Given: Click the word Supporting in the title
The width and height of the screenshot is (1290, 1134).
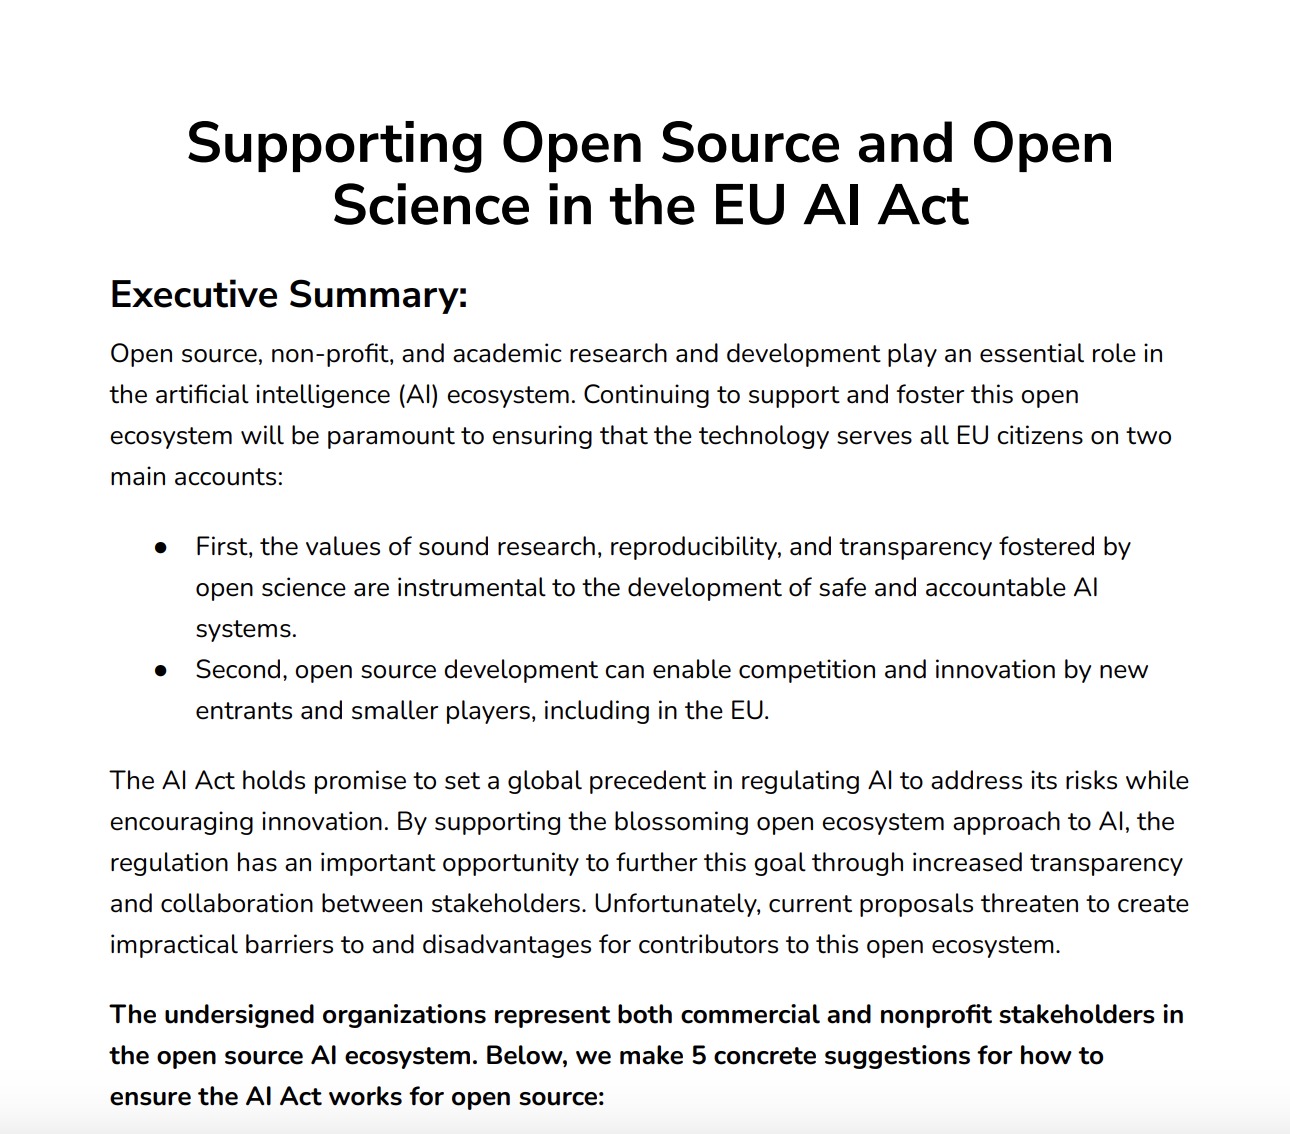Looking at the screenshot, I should click(335, 144).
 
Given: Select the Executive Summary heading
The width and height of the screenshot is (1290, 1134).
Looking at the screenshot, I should click(289, 295).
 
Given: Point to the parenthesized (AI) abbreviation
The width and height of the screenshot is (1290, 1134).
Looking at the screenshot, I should click(418, 395).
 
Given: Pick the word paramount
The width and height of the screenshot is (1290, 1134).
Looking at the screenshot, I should click(390, 436).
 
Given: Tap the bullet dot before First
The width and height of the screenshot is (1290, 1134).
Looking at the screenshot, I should click(161, 547).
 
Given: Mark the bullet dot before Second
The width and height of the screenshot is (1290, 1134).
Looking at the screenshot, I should click(161, 670).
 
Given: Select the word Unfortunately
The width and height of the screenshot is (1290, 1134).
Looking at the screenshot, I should click(677, 904).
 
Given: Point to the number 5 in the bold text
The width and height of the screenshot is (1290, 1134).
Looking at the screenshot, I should click(699, 1056).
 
